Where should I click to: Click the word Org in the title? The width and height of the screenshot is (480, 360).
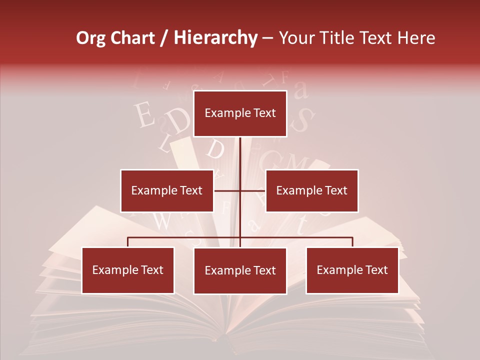(91, 38)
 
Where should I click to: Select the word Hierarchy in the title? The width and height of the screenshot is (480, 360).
(215, 38)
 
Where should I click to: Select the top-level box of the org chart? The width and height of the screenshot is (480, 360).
(240, 113)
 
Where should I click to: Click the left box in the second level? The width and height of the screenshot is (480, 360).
(166, 190)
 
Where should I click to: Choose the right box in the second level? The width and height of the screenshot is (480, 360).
(311, 190)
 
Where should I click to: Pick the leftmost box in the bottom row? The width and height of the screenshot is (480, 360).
(127, 270)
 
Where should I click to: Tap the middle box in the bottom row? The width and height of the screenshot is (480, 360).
(240, 270)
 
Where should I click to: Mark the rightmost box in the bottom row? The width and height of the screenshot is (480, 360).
(352, 270)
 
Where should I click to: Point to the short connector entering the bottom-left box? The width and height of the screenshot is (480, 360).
(127, 242)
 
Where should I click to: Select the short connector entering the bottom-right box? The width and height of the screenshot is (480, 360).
(352, 242)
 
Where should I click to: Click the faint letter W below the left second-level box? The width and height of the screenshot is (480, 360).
(161, 221)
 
